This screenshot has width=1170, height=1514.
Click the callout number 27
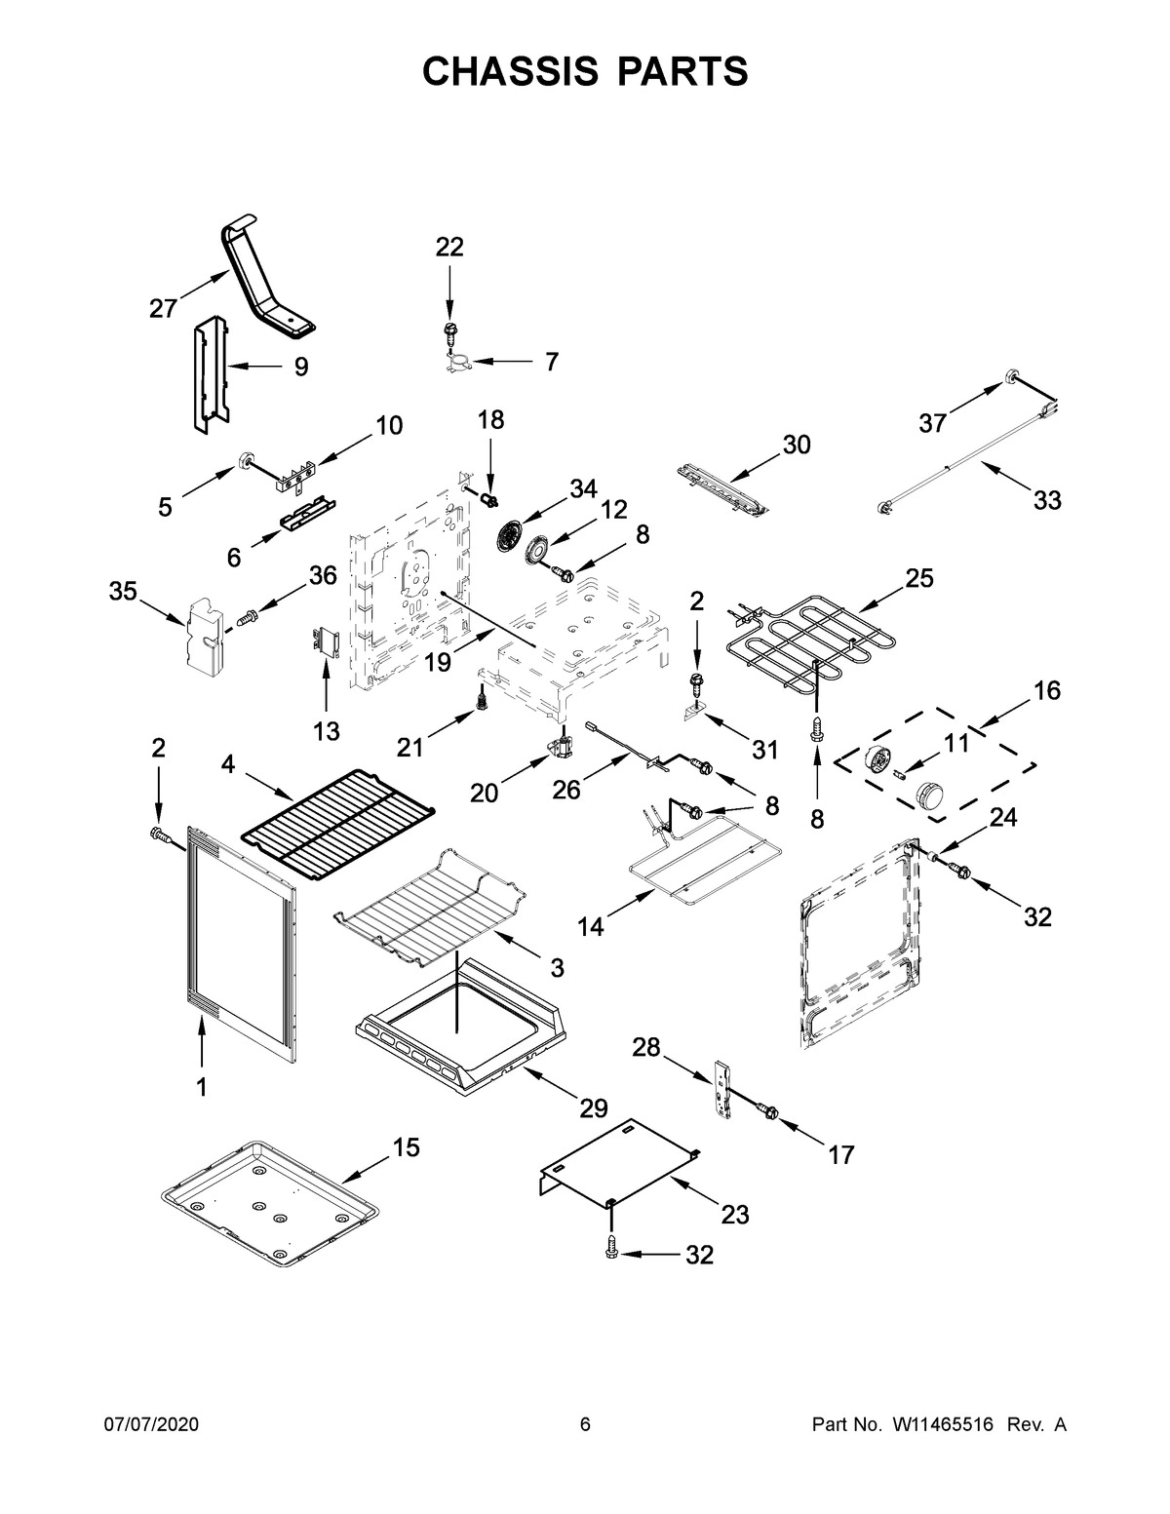pyautogui.click(x=163, y=309)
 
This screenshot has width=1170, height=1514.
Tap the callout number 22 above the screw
pyautogui.click(x=449, y=248)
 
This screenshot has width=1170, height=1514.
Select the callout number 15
pyautogui.click(x=407, y=1148)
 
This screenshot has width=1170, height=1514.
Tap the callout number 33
pyautogui.click(x=1047, y=501)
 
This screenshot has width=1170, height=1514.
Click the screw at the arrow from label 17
pyautogui.click(x=766, y=1111)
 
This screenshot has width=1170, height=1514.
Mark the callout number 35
pyautogui.click(x=124, y=592)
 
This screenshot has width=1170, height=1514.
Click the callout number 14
pyautogui.click(x=590, y=927)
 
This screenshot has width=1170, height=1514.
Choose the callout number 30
pyautogui.click(x=796, y=445)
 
